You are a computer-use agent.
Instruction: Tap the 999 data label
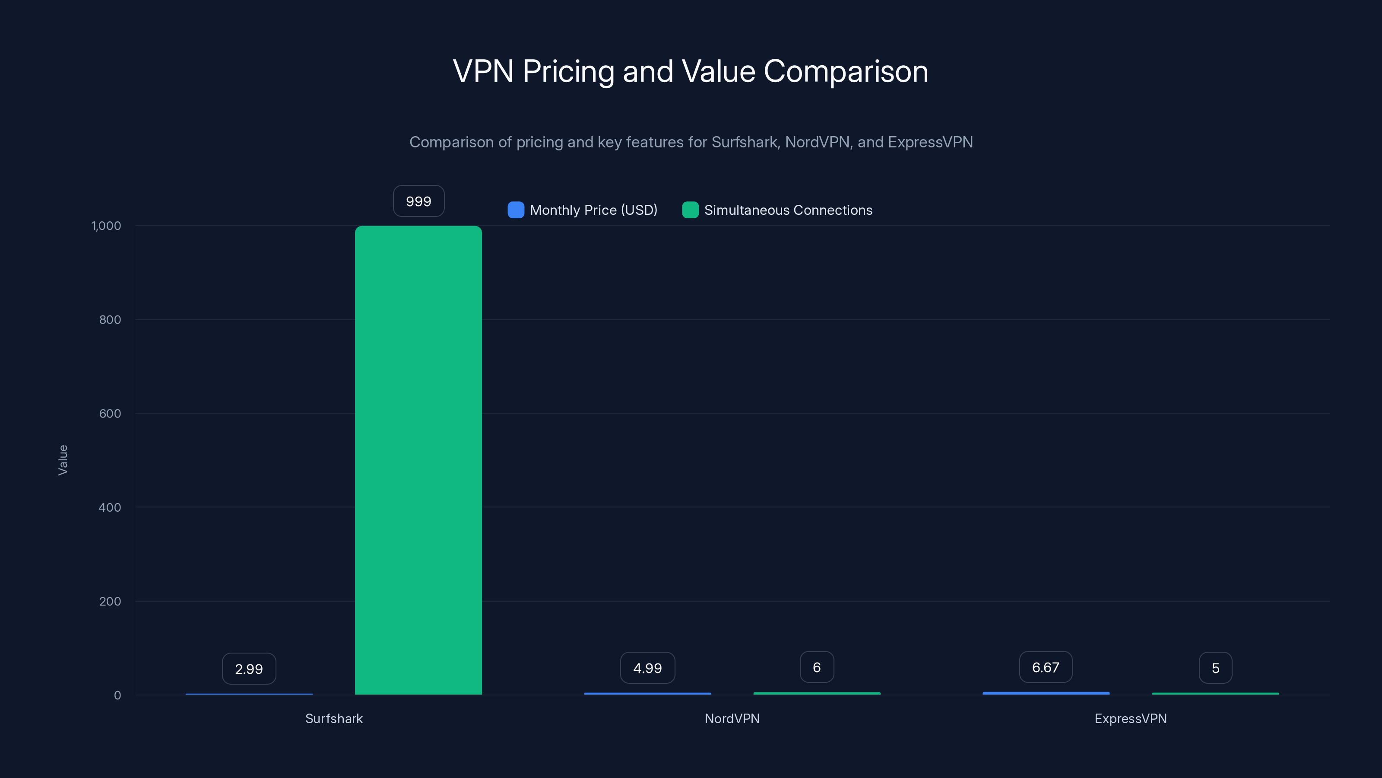click(418, 201)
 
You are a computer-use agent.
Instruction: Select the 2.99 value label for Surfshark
click(249, 669)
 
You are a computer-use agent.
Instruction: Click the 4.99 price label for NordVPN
click(647, 668)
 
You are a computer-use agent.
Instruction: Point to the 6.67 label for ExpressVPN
click(1046, 667)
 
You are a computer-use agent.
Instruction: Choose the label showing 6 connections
click(817, 667)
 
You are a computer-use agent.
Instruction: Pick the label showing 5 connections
click(1215, 668)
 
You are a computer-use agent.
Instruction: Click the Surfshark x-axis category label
click(334, 718)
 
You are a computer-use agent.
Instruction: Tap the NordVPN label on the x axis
click(732, 718)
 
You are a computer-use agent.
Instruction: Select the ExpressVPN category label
click(1130, 718)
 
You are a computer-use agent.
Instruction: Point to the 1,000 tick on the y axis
click(106, 226)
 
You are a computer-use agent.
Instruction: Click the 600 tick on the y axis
click(110, 414)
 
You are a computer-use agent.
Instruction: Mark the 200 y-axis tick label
click(110, 601)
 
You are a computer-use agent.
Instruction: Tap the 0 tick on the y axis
click(117, 695)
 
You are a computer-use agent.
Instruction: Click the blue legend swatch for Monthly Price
click(516, 210)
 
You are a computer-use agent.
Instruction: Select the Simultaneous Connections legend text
click(788, 210)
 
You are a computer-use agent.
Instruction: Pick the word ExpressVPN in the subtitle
click(930, 142)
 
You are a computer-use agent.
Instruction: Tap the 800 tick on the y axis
click(110, 319)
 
